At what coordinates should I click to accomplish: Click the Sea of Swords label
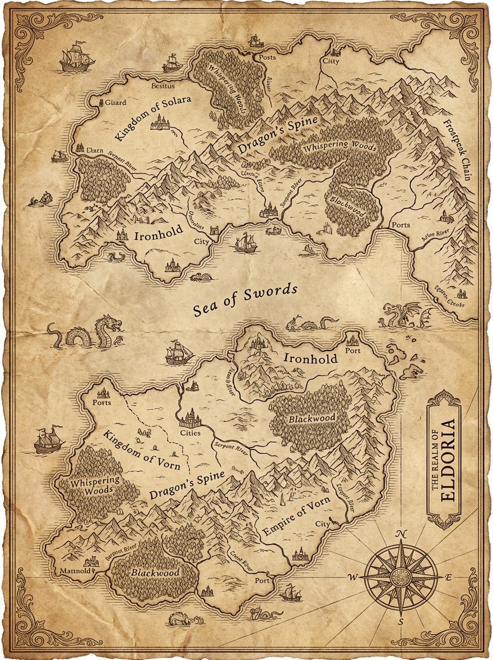pyautogui.click(x=245, y=301)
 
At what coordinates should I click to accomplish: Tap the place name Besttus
pyautogui.click(x=162, y=86)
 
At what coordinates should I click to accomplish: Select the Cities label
pyautogui.click(x=190, y=433)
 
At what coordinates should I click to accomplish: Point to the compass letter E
pyautogui.click(x=448, y=577)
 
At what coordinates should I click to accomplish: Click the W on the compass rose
pyautogui.click(x=353, y=577)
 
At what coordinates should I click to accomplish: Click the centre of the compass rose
pyautogui.click(x=401, y=577)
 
